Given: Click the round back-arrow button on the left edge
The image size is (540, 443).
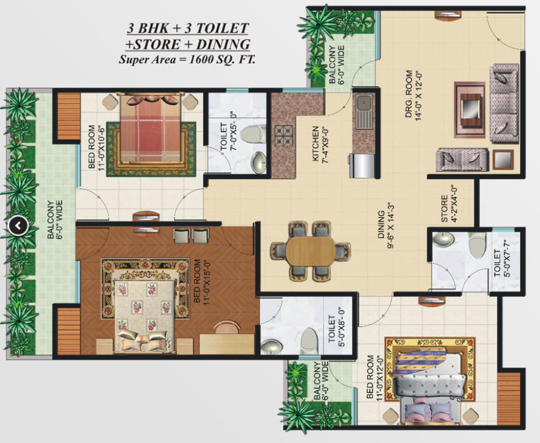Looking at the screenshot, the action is pos(18,226).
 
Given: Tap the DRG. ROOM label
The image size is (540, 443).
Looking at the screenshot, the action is pos(408,94).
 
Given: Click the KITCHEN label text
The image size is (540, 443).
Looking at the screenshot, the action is pos(315,144).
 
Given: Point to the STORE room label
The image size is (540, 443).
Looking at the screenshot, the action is pos(444,209).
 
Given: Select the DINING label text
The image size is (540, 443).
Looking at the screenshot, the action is pos(381,225).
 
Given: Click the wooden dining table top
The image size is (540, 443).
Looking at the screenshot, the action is pos(311,251).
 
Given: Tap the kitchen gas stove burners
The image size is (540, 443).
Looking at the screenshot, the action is pos(284,136).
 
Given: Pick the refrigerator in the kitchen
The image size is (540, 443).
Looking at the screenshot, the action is pos(362,166).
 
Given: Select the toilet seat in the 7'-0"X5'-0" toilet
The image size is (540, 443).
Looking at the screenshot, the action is pos(253,134).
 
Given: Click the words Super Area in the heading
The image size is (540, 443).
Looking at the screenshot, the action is pos(146,60).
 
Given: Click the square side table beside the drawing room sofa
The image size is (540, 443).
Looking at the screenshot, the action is pos(503,160).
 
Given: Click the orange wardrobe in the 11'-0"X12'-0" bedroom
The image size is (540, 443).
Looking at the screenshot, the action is pos(509,399).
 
